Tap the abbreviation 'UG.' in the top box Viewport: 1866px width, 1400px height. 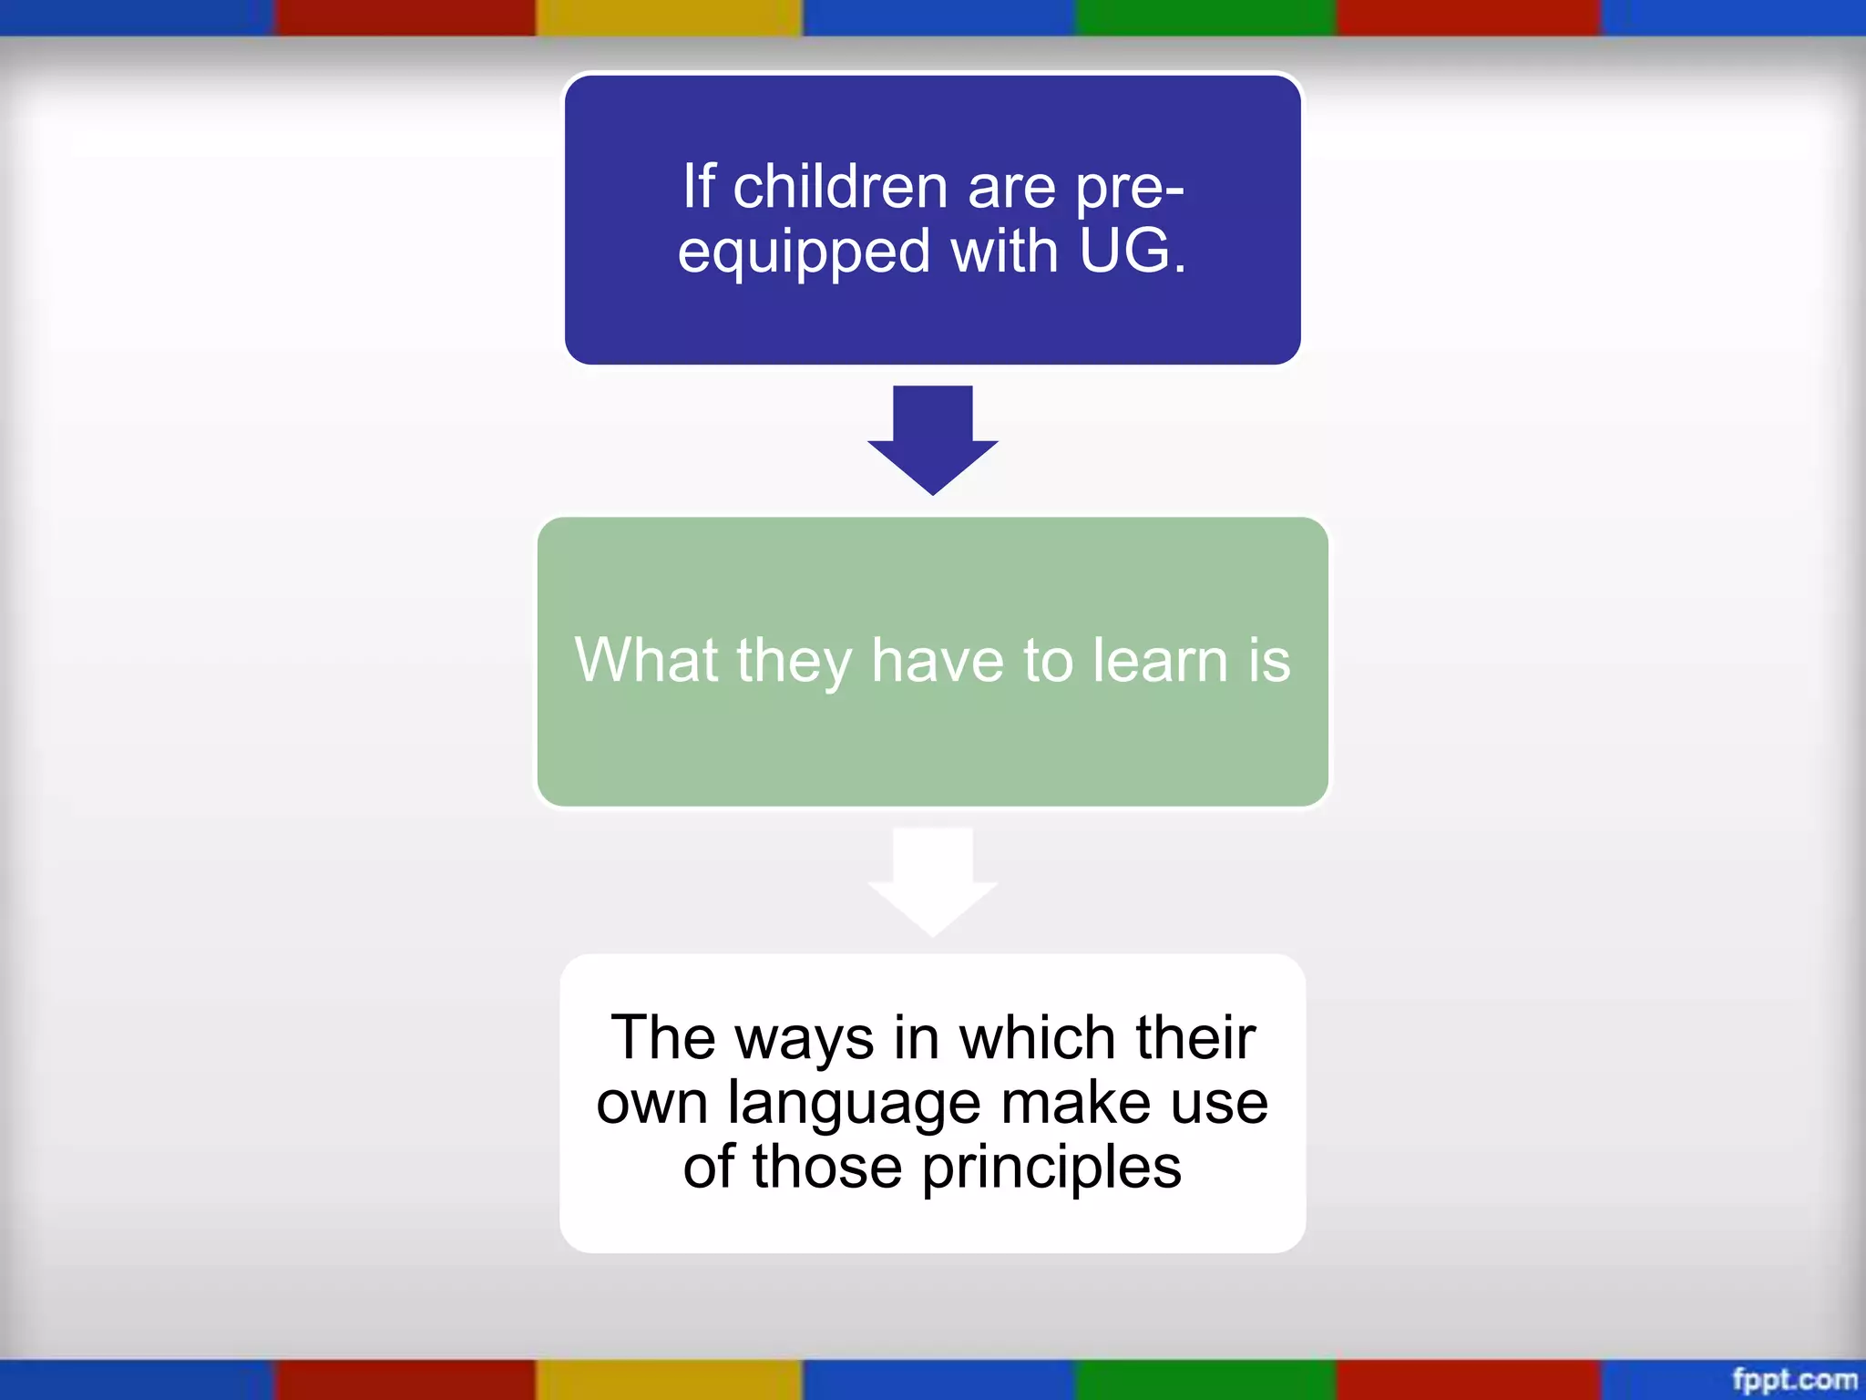click(x=1133, y=251)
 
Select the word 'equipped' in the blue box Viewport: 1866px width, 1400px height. click(x=805, y=252)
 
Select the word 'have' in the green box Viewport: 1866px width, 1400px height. click(x=937, y=660)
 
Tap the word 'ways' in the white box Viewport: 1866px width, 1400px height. click(x=805, y=1039)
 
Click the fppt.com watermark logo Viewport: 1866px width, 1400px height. click(x=1794, y=1379)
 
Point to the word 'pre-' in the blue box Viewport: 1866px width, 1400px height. click(x=1130, y=188)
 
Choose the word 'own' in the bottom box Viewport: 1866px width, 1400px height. click(x=652, y=1104)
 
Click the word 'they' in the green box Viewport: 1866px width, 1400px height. click(x=794, y=661)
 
